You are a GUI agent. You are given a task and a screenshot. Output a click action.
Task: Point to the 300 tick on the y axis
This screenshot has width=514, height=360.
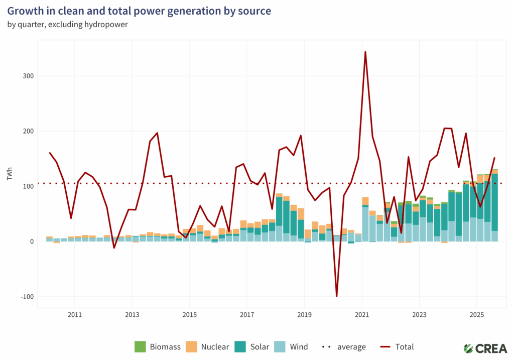point(28,76)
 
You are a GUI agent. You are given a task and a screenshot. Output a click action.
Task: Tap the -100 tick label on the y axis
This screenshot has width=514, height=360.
point(27,297)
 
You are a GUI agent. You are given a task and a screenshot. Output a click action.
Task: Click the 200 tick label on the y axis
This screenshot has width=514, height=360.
point(28,131)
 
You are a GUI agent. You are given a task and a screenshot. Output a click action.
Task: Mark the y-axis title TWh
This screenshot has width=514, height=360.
point(10,174)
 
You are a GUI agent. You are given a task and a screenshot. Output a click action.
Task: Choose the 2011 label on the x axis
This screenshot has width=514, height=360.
point(74,315)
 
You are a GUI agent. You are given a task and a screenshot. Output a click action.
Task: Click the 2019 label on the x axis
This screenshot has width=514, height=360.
point(304,315)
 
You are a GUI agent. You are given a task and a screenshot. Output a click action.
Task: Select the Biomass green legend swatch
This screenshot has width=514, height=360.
point(140,346)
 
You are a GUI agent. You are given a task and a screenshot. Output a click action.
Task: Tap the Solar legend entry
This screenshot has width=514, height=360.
point(264,346)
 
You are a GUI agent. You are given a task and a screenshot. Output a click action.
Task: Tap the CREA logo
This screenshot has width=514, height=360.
point(484,347)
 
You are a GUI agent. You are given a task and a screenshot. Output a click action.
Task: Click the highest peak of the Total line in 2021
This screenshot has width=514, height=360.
point(365,52)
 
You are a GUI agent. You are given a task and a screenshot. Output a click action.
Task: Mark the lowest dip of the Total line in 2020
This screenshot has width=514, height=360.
point(336,296)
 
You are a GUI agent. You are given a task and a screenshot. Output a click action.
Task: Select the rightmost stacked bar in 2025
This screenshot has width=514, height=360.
point(495,206)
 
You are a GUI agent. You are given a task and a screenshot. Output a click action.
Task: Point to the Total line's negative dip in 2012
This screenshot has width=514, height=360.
point(114,248)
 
